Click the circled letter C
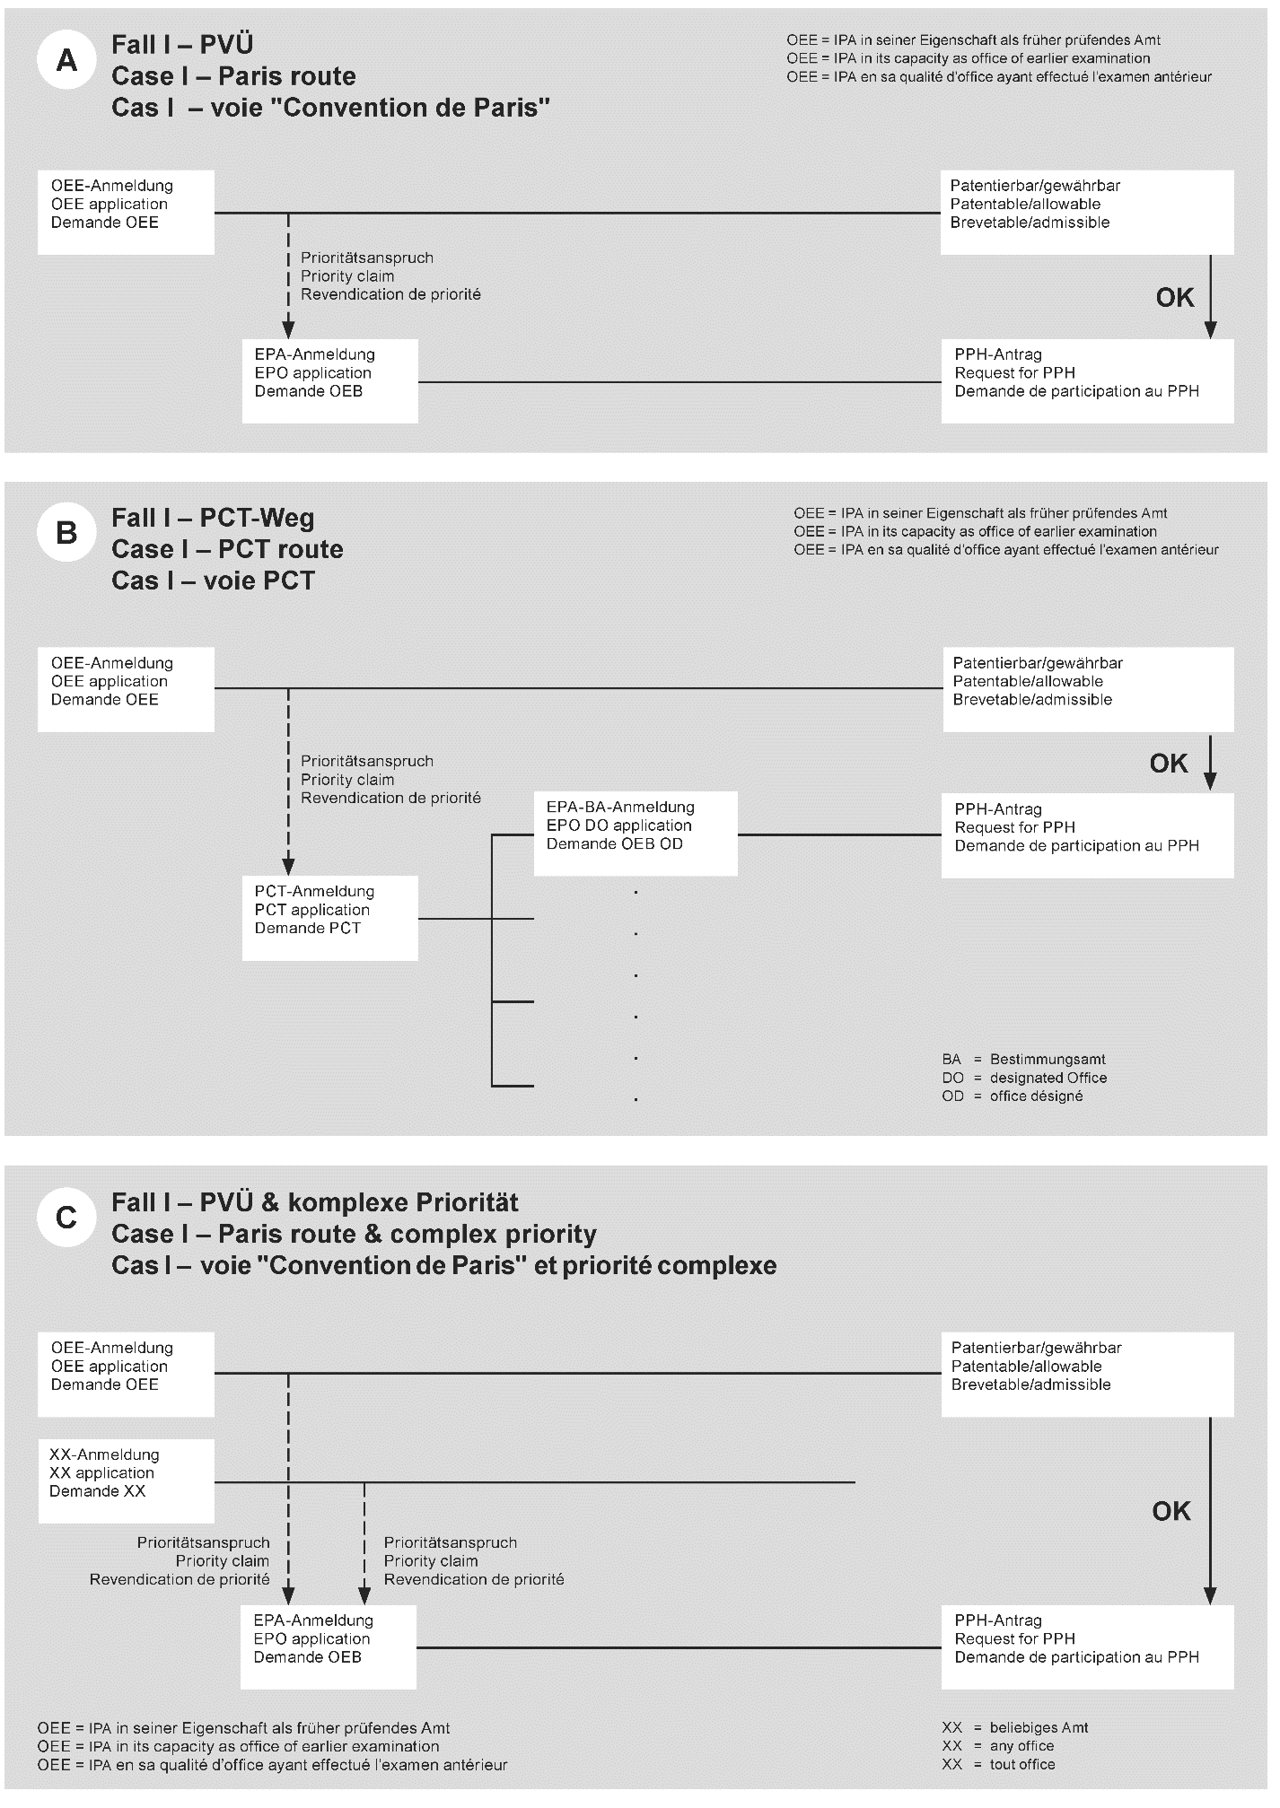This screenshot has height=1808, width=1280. [66, 1218]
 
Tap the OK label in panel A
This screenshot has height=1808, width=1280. [1174, 298]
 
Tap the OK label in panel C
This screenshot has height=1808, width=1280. [1170, 1512]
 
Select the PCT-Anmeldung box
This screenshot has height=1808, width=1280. [329, 918]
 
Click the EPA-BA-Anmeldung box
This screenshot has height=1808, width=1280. [635, 833]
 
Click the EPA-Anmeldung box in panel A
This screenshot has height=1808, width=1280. [329, 380]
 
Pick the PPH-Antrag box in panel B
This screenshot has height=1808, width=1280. [1087, 834]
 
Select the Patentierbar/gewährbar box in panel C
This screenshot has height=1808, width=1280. [1087, 1374]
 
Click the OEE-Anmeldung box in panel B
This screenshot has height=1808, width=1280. [126, 689]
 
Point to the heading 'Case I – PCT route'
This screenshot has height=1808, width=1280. [227, 549]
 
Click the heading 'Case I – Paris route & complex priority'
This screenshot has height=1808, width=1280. [354, 1234]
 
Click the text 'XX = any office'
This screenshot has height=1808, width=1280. [998, 1745]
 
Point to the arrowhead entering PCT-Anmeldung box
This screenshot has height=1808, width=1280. [288, 867]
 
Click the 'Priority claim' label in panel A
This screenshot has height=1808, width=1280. [347, 276]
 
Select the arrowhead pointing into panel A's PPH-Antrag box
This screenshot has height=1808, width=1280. [1210, 330]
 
